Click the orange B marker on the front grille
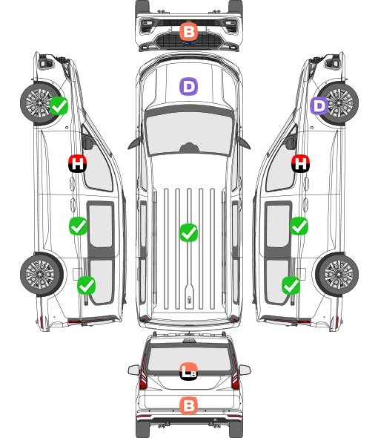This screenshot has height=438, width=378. (x=188, y=32)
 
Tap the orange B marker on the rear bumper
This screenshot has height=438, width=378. (x=188, y=405)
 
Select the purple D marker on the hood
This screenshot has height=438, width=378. (x=188, y=86)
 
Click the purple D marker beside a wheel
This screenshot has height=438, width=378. (x=319, y=105)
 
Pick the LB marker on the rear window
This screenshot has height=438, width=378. (x=188, y=371)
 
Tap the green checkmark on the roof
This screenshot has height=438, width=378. (x=188, y=232)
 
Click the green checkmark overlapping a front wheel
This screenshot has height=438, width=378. (x=59, y=105)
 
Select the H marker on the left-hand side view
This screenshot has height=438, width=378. (x=78, y=163)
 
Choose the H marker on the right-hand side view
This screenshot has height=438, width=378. (x=300, y=163)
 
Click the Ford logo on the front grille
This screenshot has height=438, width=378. (x=189, y=43)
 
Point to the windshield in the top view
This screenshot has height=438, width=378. (x=189, y=134)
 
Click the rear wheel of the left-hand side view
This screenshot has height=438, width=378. (x=42, y=275)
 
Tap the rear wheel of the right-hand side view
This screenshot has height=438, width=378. (x=337, y=275)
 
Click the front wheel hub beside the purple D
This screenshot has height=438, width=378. (x=339, y=102)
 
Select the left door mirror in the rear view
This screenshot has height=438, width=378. (x=134, y=370)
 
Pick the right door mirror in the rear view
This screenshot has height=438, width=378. (x=245, y=370)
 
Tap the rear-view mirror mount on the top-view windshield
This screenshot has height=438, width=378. (x=189, y=148)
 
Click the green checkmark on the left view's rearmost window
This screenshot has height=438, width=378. (x=86, y=285)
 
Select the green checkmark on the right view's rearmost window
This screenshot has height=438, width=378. (x=291, y=285)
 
